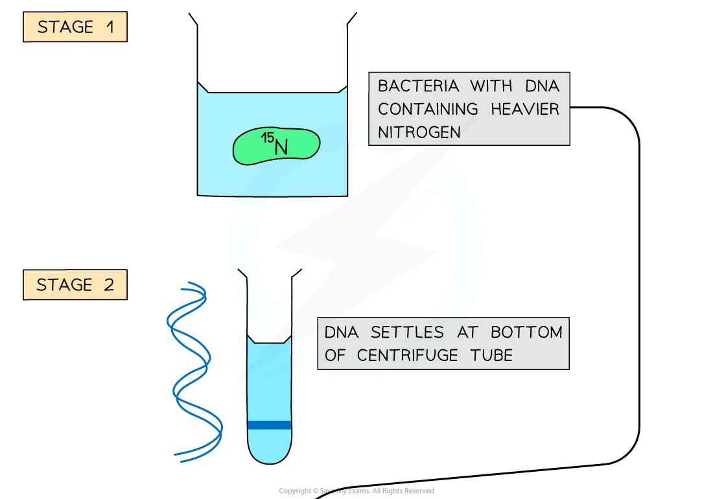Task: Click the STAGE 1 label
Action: pyautogui.click(x=75, y=27)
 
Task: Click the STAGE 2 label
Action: pyautogui.click(x=75, y=285)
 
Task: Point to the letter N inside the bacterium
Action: pyautogui.click(x=281, y=148)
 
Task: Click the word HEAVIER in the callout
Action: pyautogui.click(x=524, y=109)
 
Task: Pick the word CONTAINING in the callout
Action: pyautogui.click(x=428, y=109)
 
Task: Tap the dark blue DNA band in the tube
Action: pyautogui.click(x=270, y=425)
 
